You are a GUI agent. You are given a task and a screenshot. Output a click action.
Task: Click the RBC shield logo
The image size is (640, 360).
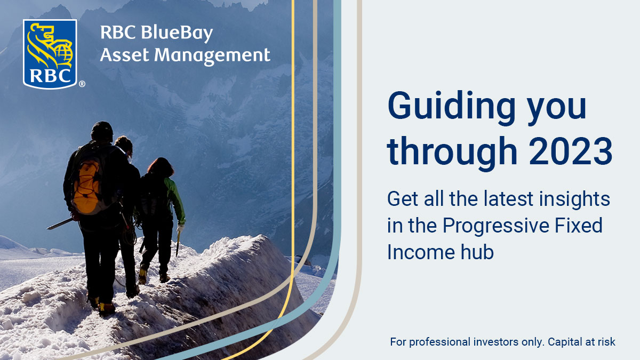pyautogui.click(x=50, y=53)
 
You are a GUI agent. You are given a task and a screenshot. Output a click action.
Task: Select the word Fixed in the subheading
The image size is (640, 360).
pyautogui.click(x=583, y=226)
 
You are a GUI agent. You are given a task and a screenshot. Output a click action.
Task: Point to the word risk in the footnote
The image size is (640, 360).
pyautogui.click(x=605, y=341)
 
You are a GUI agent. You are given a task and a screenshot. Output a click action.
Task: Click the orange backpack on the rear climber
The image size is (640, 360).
pyautogui.click(x=88, y=184)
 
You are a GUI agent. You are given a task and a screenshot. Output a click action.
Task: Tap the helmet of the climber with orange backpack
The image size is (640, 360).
pyautogui.click(x=101, y=130)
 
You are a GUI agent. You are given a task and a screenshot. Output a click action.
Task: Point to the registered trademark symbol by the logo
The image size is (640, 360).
pyautogui.click(x=82, y=84)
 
